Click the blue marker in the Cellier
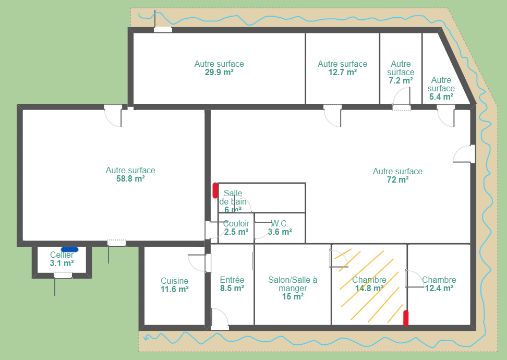point(69,249)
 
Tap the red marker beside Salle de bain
point(215,190)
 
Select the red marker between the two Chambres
point(405,318)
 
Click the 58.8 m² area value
point(130,178)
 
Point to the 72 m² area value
point(397,179)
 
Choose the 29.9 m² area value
point(219,72)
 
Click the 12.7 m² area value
point(342,72)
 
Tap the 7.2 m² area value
point(401,80)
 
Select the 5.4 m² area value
point(441,97)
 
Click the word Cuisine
point(175,281)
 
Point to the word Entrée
point(232,280)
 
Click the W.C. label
point(280,223)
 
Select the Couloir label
point(236,223)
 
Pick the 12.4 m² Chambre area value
point(439,288)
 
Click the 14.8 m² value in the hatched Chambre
point(369,288)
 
